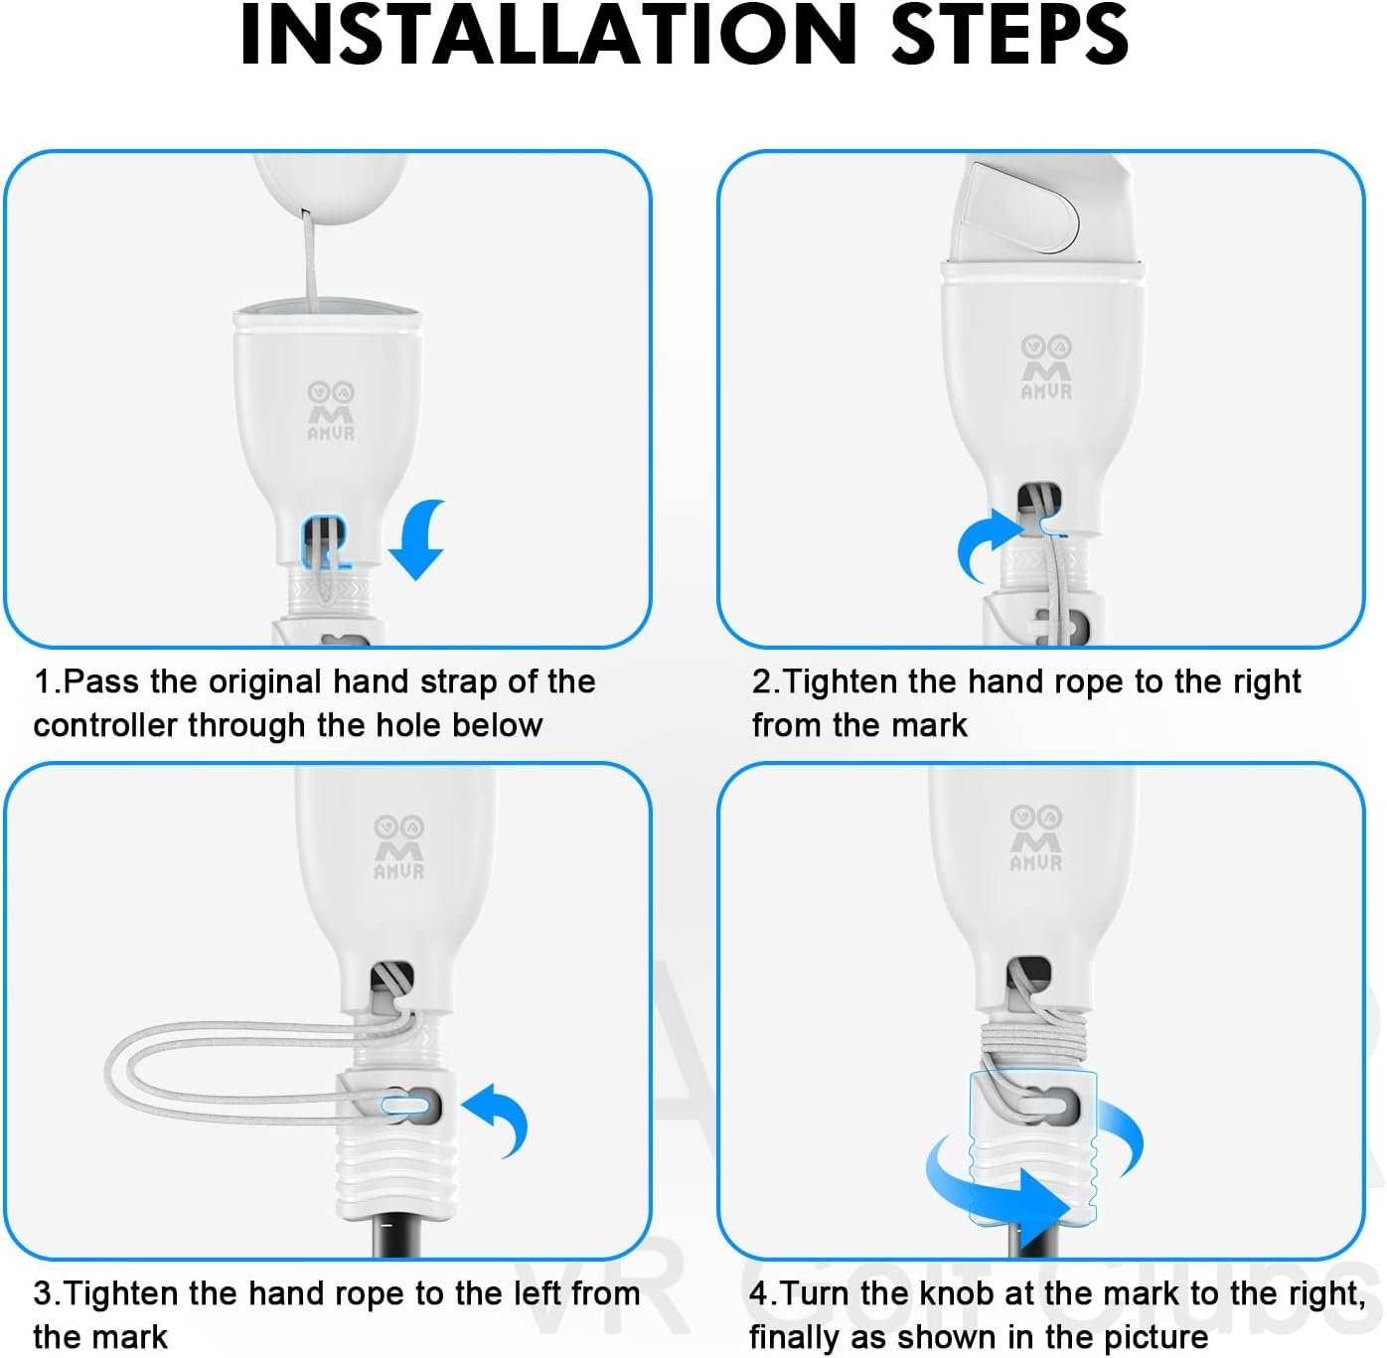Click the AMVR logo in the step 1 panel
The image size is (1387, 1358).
[331, 411]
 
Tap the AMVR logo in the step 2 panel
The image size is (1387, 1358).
[1046, 367]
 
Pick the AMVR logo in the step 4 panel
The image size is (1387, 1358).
[1035, 838]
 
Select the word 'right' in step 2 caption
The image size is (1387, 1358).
[1266, 681]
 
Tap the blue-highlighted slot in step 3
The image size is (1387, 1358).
[405, 1105]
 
